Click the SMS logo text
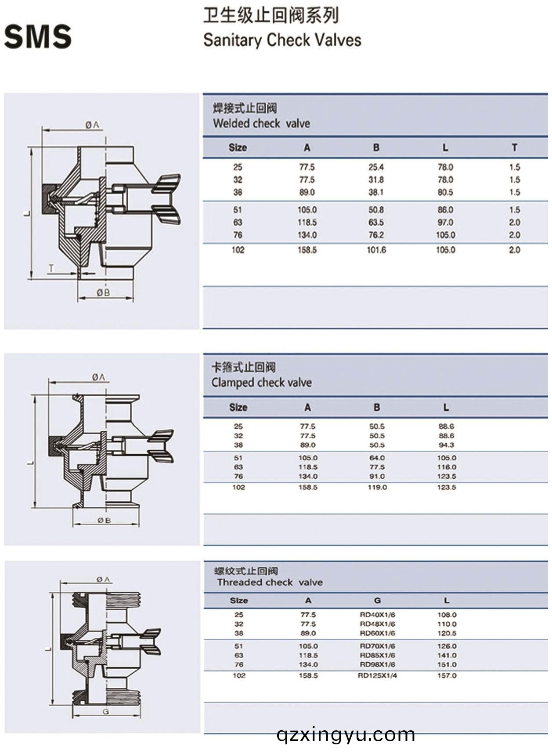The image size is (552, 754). (38, 36)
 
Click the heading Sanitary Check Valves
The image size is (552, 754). (282, 40)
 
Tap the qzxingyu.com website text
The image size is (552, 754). (346, 734)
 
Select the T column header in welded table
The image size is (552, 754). (514, 147)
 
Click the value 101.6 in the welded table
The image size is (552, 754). (376, 250)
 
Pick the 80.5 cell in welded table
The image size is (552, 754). (445, 192)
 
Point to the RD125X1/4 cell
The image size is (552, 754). (377, 675)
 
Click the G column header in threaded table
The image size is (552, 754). (377, 600)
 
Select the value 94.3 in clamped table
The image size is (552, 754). (446, 445)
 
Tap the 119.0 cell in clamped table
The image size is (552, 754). (377, 487)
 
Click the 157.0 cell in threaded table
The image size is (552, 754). (447, 675)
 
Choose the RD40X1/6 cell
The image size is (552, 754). (377, 615)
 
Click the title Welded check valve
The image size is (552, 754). (261, 123)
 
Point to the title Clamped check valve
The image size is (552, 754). (261, 382)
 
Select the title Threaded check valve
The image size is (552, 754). (270, 582)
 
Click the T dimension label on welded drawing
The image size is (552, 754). (51, 268)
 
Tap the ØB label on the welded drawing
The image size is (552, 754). (104, 292)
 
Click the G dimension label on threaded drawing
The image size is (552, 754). (105, 711)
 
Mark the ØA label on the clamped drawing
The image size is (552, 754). (99, 377)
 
